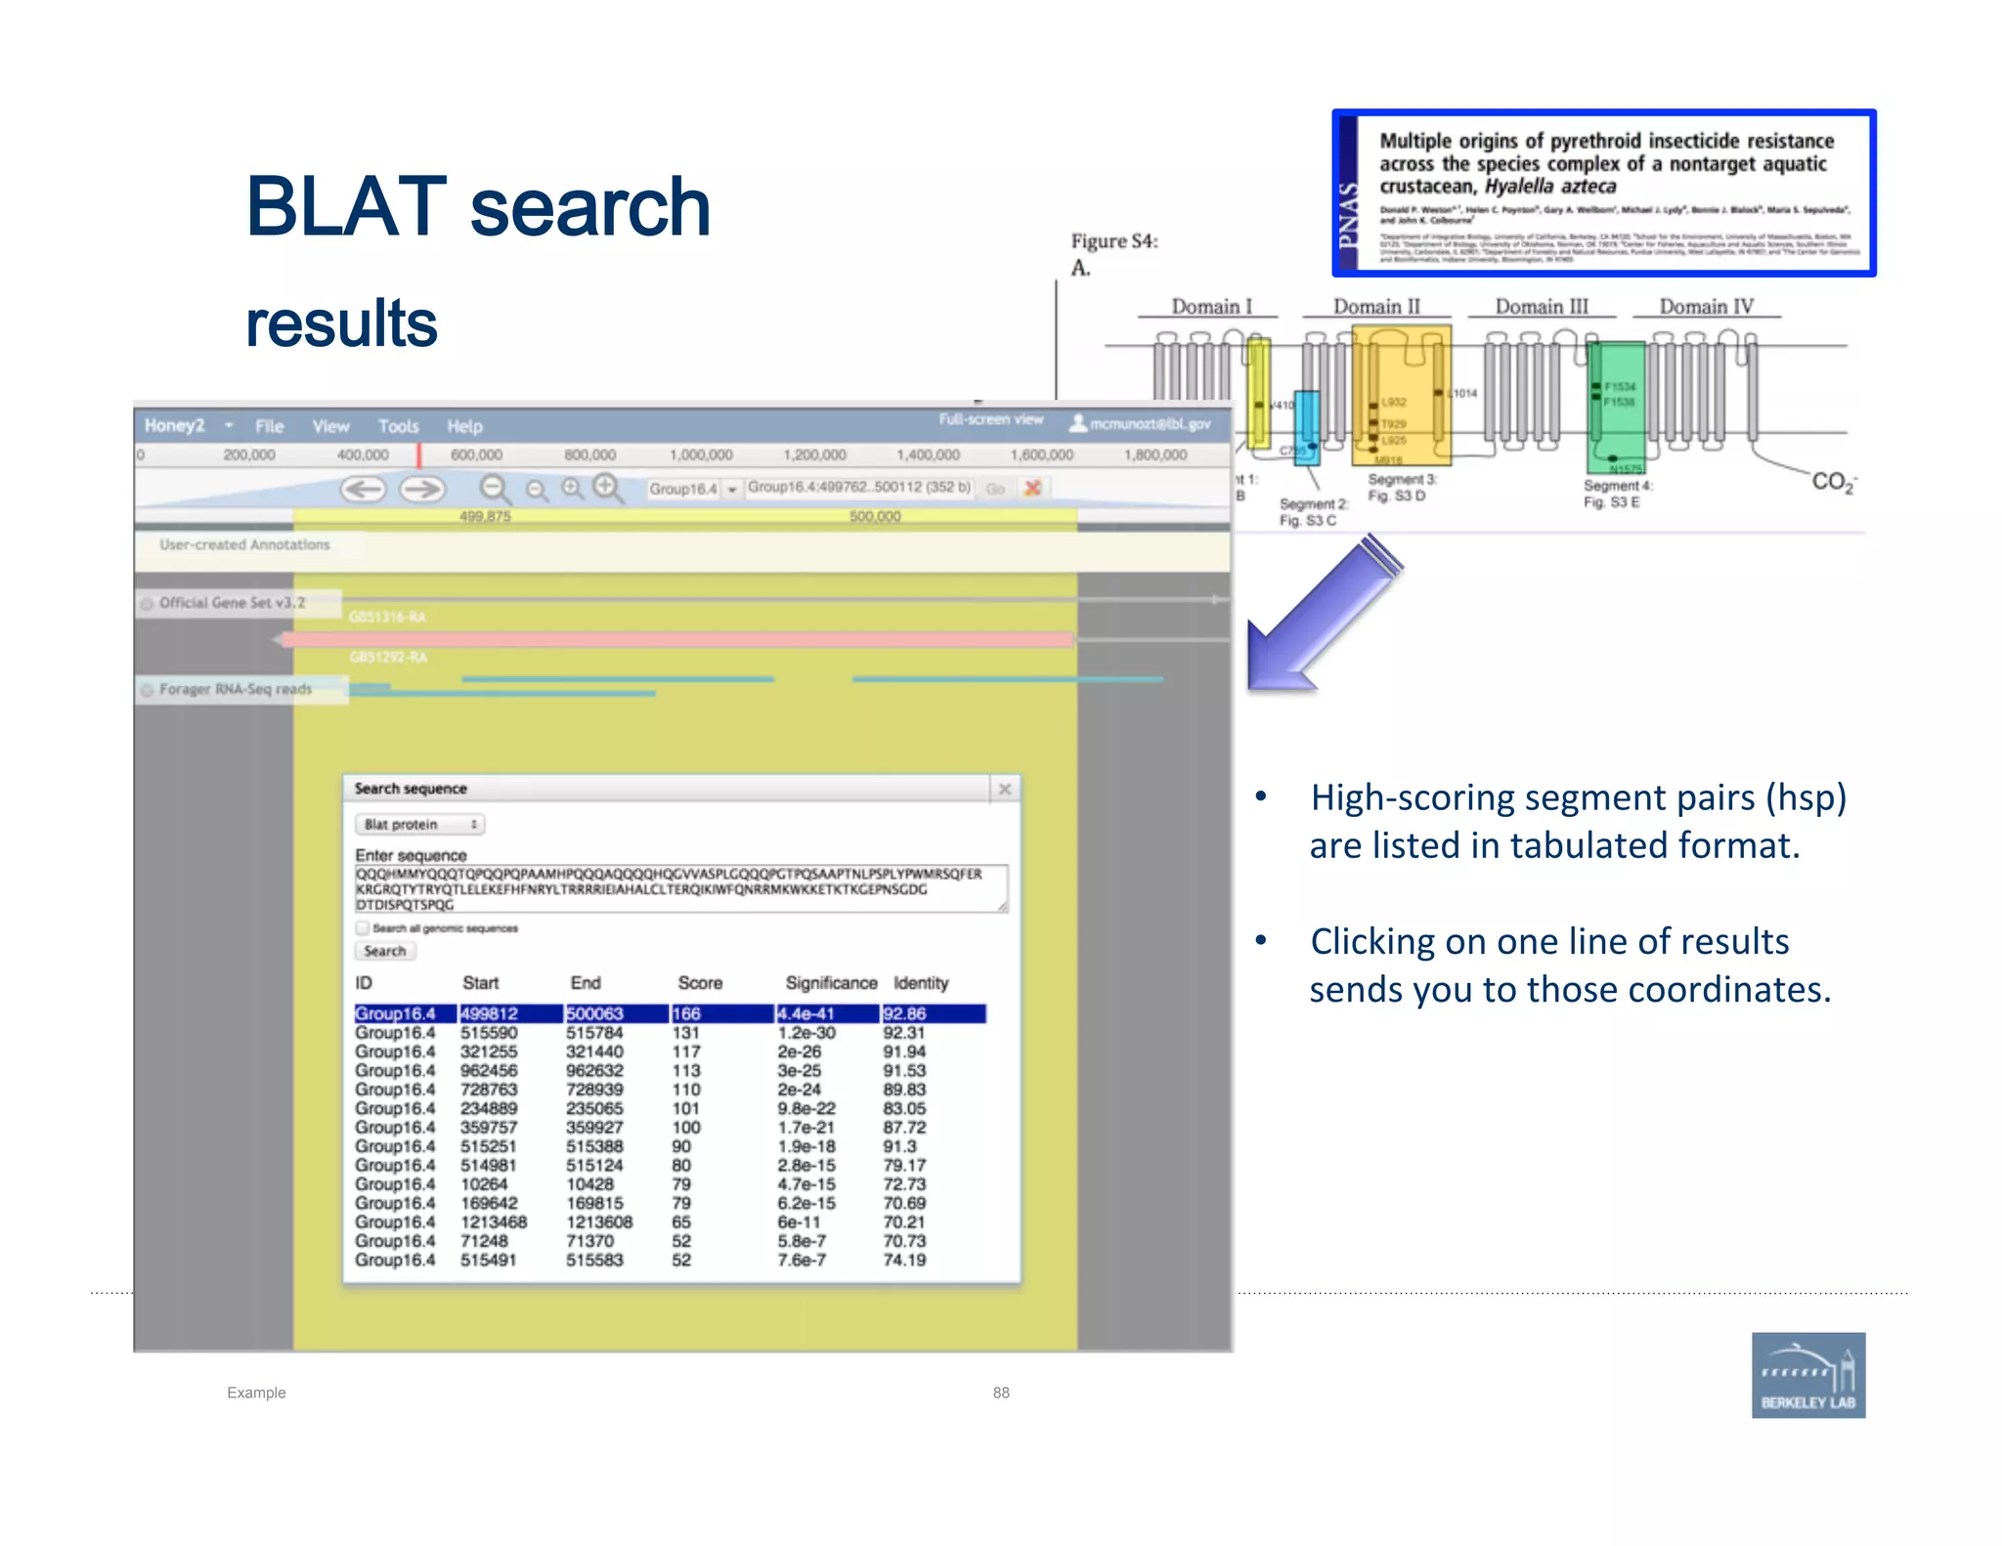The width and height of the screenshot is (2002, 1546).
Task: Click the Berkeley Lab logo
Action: point(1807,1374)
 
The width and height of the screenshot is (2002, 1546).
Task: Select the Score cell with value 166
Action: point(686,1013)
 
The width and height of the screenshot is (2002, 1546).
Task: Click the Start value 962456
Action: point(489,1070)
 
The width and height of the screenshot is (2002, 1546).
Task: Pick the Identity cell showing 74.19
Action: point(904,1260)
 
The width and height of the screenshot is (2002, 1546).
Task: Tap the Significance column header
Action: point(831,982)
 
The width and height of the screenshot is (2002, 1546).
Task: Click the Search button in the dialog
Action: point(384,951)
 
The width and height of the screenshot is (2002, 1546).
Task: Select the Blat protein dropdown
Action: point(419,825)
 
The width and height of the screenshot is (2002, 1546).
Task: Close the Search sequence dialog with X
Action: point(1004,789)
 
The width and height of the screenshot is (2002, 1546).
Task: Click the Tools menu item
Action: point(398,426)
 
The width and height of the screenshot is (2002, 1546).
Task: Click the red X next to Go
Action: point(1032,488)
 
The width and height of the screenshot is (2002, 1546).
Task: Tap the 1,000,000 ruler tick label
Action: point(701,455)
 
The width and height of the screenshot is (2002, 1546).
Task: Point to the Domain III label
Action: point(1542,307)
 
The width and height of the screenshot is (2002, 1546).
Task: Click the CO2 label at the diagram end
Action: point(1833,481)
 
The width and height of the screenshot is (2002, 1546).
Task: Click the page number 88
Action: point(1001,1393)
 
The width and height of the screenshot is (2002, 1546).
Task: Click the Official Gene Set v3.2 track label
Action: point(232,603)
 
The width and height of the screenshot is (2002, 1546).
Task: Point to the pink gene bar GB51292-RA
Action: point(675,640)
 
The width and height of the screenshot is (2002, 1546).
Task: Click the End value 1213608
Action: point(598,1222)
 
